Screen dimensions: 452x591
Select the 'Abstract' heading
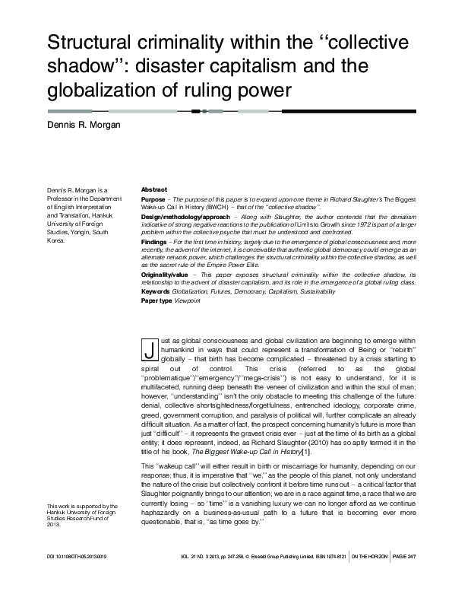click(154, 189)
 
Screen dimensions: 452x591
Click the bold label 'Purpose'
click(154, 198)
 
